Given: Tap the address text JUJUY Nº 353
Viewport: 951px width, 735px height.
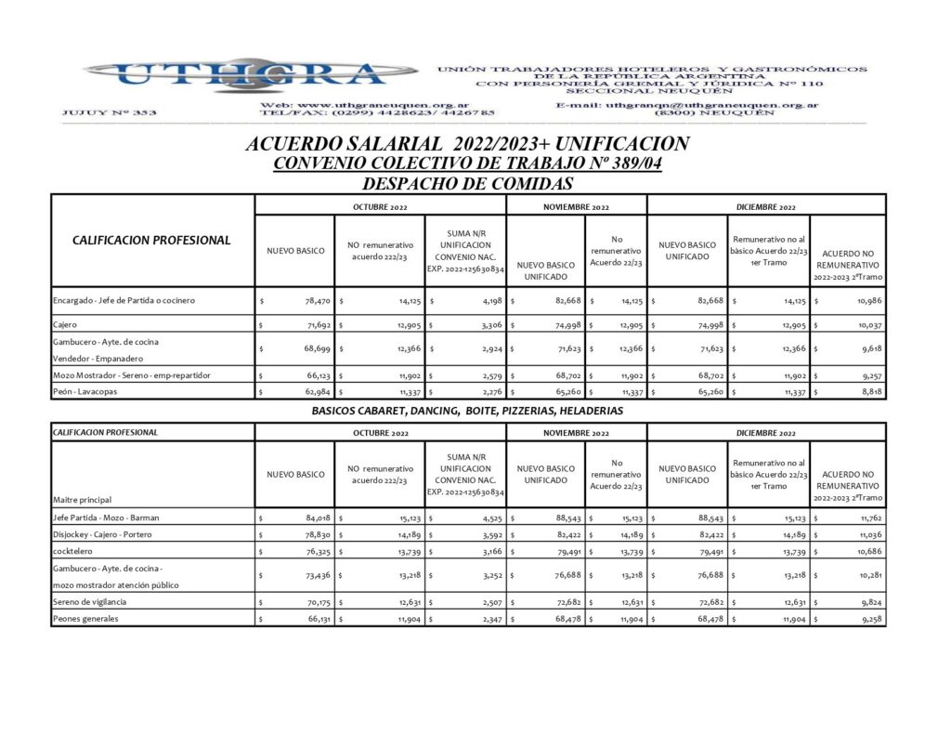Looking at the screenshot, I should (x=109, y=112).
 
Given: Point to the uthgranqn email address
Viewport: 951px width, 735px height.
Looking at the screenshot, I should (x=686, y=105).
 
